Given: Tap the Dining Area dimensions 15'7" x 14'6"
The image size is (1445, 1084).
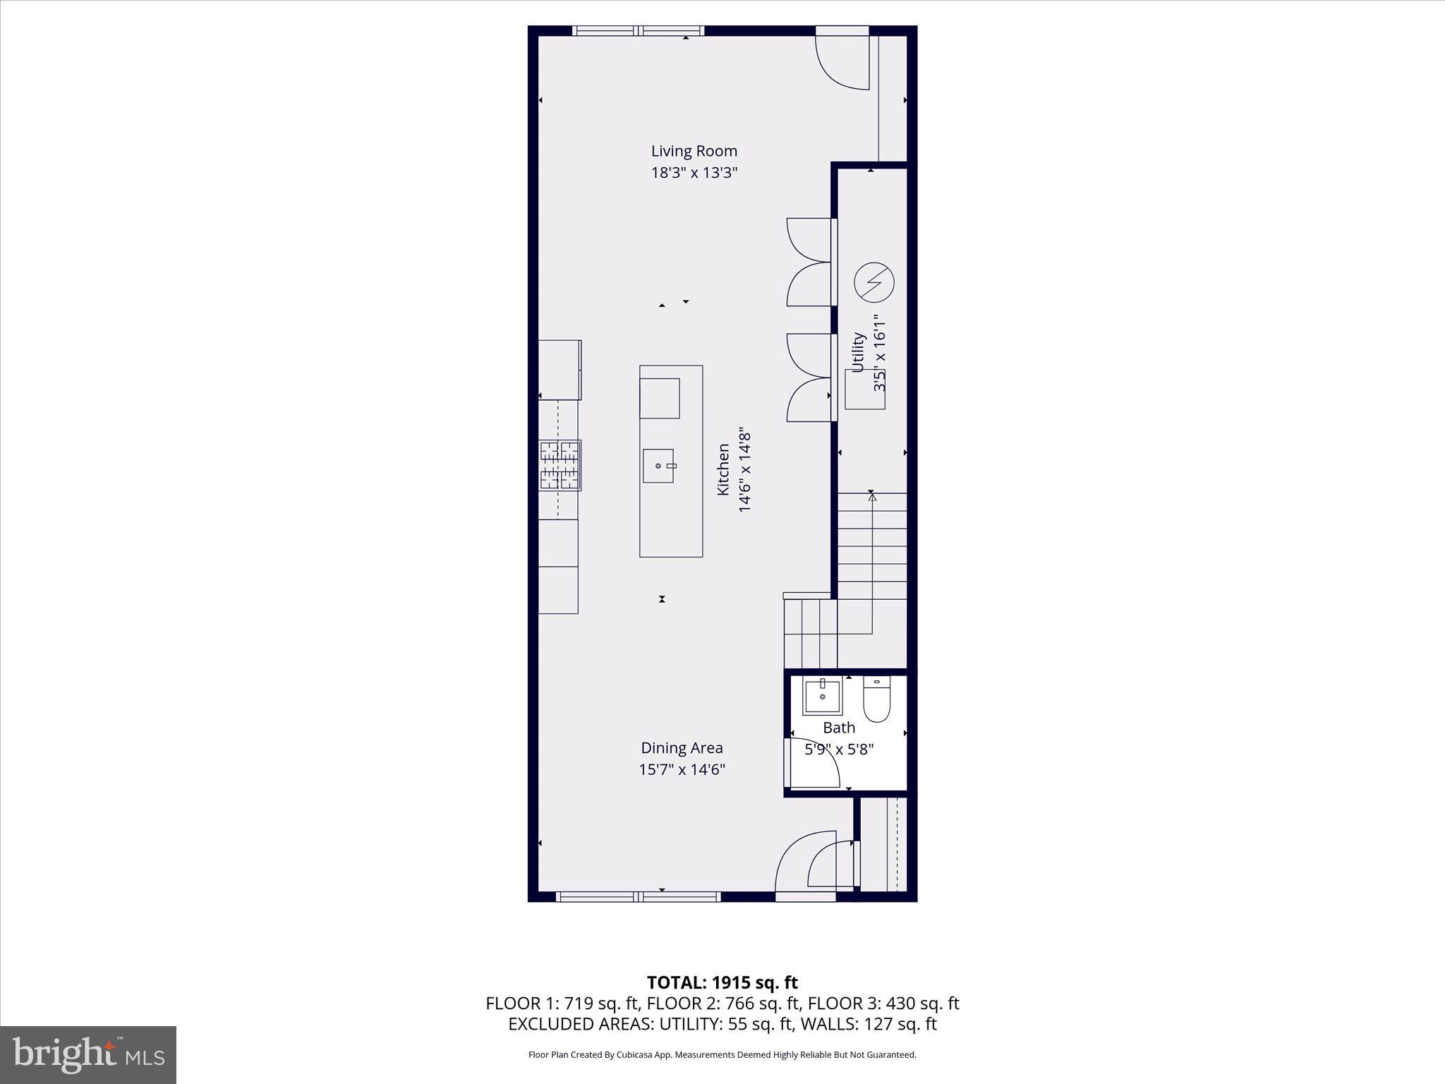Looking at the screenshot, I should [x=682, y=769].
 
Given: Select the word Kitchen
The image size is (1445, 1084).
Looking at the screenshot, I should [x=723, y=469].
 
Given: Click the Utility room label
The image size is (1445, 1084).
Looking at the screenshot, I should [x=858, y=352].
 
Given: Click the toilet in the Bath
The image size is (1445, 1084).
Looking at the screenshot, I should [x=877, y=699].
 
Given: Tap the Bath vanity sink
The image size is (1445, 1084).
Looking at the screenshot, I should [x=822, y=697].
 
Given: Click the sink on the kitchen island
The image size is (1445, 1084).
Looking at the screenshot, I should [x=658, y=466].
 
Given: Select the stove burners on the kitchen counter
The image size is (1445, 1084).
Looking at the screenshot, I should [x=560, y=465].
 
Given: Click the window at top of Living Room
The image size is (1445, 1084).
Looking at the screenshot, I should [x=639, y=30].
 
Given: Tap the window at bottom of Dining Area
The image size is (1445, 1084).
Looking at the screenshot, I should [x=638, y=896].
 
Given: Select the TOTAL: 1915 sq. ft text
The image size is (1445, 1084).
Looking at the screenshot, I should [x=722, y=982].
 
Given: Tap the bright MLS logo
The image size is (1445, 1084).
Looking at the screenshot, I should [x=88, y=1054].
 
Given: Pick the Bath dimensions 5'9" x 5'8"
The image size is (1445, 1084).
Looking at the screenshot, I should [x=839, y=749].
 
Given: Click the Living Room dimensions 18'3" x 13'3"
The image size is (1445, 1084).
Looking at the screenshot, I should [x=694, y=173].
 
